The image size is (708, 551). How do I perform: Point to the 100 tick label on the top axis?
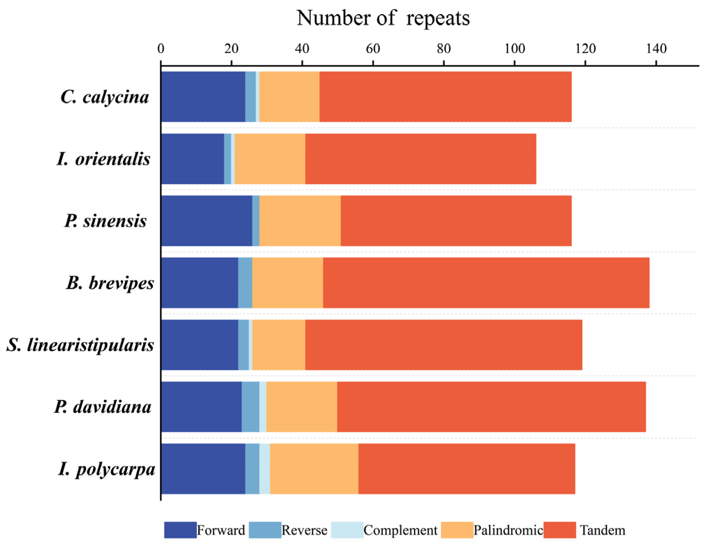coord(515,49)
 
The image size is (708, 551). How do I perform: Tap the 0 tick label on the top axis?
coord(161,49)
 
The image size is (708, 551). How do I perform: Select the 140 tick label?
coord(656,49)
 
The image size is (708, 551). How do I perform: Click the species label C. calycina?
coord(105,97)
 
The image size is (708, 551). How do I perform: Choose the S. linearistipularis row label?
coord(80,345)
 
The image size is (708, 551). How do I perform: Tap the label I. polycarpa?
coord(107,469)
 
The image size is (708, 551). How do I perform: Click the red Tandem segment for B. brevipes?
coord(486,283)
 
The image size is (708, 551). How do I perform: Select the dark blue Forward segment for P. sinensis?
coord(207,221)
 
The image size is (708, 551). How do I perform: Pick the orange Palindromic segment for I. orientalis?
coord(270,159)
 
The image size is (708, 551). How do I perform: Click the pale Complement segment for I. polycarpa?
coord(264,469)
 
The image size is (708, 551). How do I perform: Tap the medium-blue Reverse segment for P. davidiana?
coord(250,407)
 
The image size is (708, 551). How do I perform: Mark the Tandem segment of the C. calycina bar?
coord(445,97)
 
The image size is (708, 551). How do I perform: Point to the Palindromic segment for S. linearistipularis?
coord(279,345)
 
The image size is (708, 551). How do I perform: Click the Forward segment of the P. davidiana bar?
coord(201,407)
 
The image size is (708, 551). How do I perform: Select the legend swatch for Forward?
coord(180,530)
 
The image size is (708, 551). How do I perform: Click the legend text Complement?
coord(400,530)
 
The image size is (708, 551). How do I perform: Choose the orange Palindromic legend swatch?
coord(457,530)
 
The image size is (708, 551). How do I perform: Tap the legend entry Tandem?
coord(602,530)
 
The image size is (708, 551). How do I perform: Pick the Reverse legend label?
coord(304,530)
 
